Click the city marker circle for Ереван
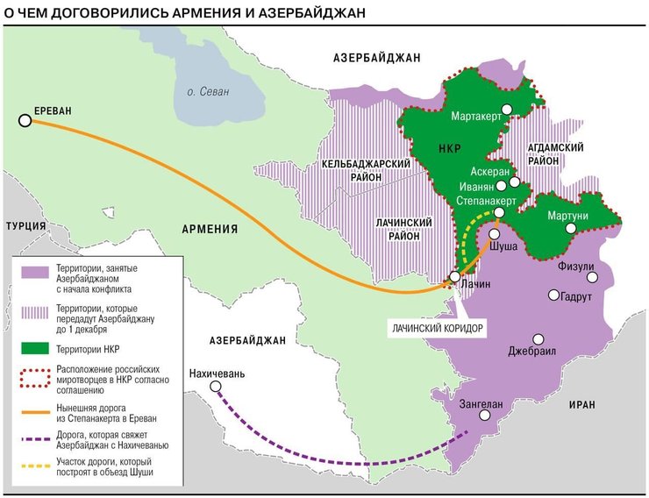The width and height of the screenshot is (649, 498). [25, 122]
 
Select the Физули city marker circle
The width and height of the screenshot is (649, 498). [593, 277]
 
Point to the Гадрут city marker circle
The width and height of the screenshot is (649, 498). [553, 295]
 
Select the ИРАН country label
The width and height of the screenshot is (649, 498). [581, 404]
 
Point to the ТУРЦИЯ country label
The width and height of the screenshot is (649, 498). [25, 225]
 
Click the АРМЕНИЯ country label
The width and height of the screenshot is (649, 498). [210, 229]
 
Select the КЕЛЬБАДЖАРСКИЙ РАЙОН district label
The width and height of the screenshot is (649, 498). [367, 170]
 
